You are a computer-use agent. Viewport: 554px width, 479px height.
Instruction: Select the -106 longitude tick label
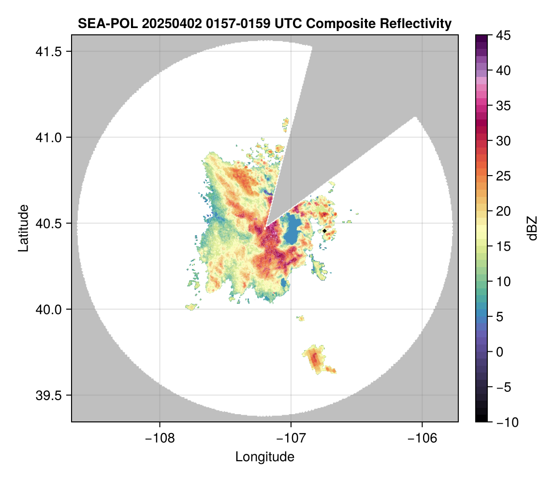423,438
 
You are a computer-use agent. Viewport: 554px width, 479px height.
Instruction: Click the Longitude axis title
265,456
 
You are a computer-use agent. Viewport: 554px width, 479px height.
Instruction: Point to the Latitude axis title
23,228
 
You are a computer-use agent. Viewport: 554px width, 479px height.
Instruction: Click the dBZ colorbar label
532,228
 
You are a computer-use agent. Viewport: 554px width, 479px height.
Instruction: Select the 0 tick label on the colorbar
501,352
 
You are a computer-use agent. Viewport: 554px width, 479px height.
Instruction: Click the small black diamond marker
324,231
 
